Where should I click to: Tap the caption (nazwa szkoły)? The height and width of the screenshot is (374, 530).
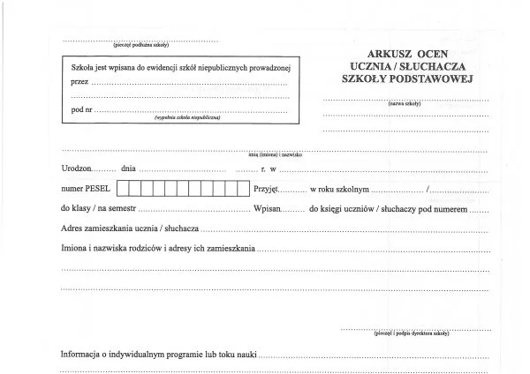405,104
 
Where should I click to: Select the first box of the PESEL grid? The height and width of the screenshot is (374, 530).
123,188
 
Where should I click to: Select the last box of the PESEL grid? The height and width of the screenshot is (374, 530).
243,188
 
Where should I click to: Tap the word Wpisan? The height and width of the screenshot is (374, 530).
269,210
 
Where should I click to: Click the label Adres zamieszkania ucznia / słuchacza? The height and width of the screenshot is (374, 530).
130,229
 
